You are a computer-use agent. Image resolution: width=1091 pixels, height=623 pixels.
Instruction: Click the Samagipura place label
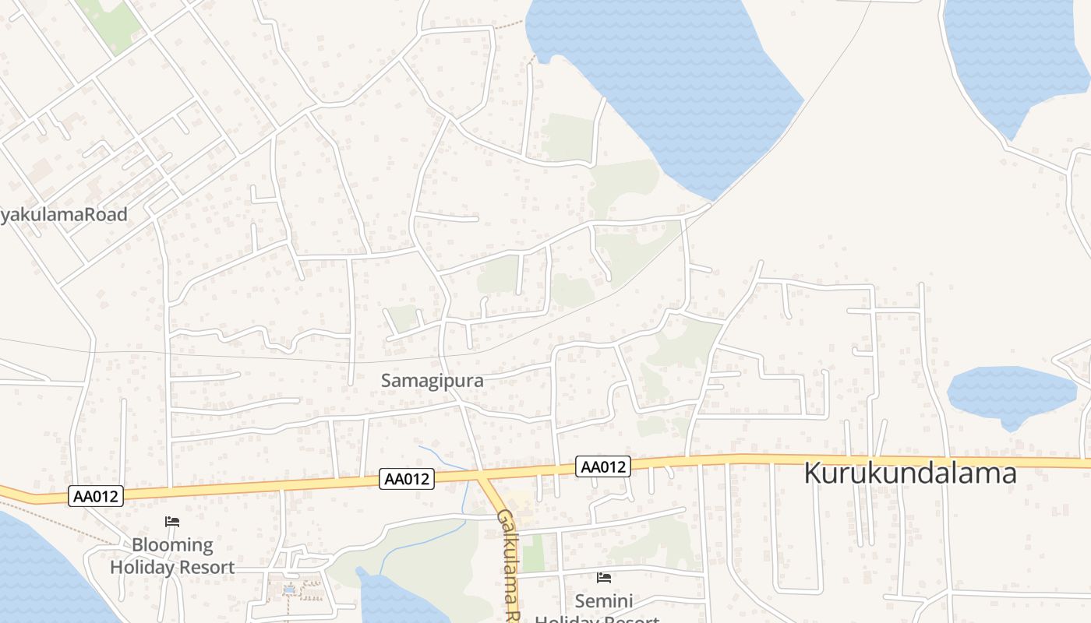pyautogui.click(x=432, y=381)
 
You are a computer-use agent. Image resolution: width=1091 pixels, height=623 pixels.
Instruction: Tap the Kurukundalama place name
pyautogui.click(x=909, y=473)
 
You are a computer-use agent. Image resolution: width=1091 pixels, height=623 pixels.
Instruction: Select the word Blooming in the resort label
pyautogui.click(x=172, y=545)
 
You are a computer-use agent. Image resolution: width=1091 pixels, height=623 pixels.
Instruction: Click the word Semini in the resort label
pyautogui.click(x=604, y=601)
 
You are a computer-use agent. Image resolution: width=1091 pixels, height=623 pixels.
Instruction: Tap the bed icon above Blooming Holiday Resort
pyautogui.click(x=172, y=522)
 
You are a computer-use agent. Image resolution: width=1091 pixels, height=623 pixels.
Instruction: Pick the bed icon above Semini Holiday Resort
pyautogui.click(x=604, y=578)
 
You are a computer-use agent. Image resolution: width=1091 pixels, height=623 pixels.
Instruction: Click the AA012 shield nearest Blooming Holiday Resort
pyautogui.click(x=96, y=496)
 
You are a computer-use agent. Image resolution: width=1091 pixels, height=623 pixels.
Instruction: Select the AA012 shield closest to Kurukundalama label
pyautogui.click(x=603, y=466)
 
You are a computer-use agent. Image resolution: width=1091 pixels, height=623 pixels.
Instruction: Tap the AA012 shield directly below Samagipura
pyautogui.click(x=406, y=479)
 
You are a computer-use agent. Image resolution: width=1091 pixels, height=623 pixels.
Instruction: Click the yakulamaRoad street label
pyautogui.click(x=64, y=215)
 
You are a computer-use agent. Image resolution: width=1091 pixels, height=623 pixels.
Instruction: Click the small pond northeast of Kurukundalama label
pyautogui.click(x=1011, y=394)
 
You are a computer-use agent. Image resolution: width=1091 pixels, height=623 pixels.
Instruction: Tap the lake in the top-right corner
pyautogui.click(x=1013, y=55)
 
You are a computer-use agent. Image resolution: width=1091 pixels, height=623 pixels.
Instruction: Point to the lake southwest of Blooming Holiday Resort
pyautogui.click(x=39, y=576)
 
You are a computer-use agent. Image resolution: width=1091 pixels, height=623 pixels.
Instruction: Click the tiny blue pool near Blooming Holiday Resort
pyautogui.click(x=289, y=590)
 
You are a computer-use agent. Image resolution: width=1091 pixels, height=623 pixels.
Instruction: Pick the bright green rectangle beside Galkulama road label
pyautogui.click(x=533, y=553)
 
